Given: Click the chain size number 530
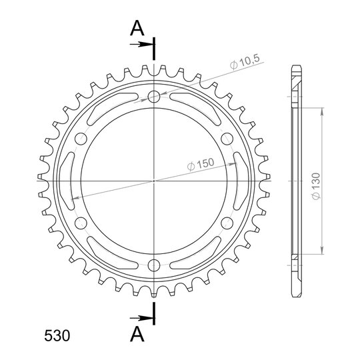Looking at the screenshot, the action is [57, 335].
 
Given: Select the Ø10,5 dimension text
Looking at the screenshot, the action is [245, 61].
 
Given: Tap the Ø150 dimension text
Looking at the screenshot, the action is [201, 164].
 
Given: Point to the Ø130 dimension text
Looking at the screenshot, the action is [316, 186].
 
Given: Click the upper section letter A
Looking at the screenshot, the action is [137, 28].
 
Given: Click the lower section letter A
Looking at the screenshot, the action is [137, 334].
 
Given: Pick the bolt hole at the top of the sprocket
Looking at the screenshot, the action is [154, 97].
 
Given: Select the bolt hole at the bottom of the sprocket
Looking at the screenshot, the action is [154, 265].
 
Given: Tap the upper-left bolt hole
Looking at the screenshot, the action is [81, 139].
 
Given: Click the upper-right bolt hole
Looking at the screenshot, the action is [227, 139].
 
